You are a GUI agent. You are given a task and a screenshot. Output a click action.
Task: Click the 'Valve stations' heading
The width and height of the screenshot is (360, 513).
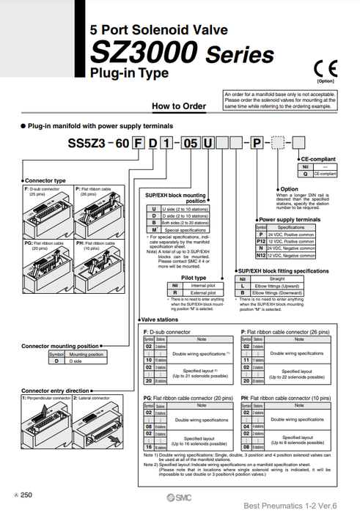click(162, 320)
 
